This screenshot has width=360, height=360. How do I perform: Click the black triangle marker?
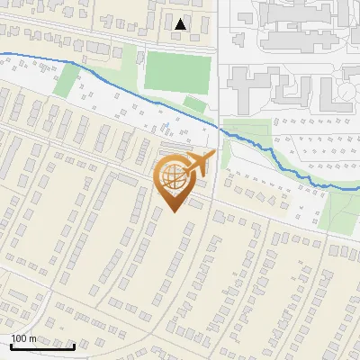[x=181, y=25]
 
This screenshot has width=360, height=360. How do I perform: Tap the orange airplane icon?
[x=196, y=165]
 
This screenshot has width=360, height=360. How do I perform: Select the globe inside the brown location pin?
[x=173, y=179]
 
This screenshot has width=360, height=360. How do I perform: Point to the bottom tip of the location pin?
[x=173, y=213]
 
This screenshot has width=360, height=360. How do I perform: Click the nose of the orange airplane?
[x=213, y=155]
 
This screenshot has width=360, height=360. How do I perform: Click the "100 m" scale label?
[x=23, y=338]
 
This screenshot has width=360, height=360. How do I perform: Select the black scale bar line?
[x=42, y=346]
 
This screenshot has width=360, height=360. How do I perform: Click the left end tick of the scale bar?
[x=11, y=344]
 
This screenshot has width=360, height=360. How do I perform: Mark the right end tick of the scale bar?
[x=74, y=344]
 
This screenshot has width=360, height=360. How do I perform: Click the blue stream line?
[x=135, y=90]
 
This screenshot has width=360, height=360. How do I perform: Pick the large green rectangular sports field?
[x=179, y=71]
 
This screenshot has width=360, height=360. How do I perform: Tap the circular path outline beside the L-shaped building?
[x=346, y=94]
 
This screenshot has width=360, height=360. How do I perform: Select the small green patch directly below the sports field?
[x=193, y=104]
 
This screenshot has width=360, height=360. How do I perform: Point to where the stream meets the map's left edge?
[x=1, y=55]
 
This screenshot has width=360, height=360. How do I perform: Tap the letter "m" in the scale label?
[x=32, y=338]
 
